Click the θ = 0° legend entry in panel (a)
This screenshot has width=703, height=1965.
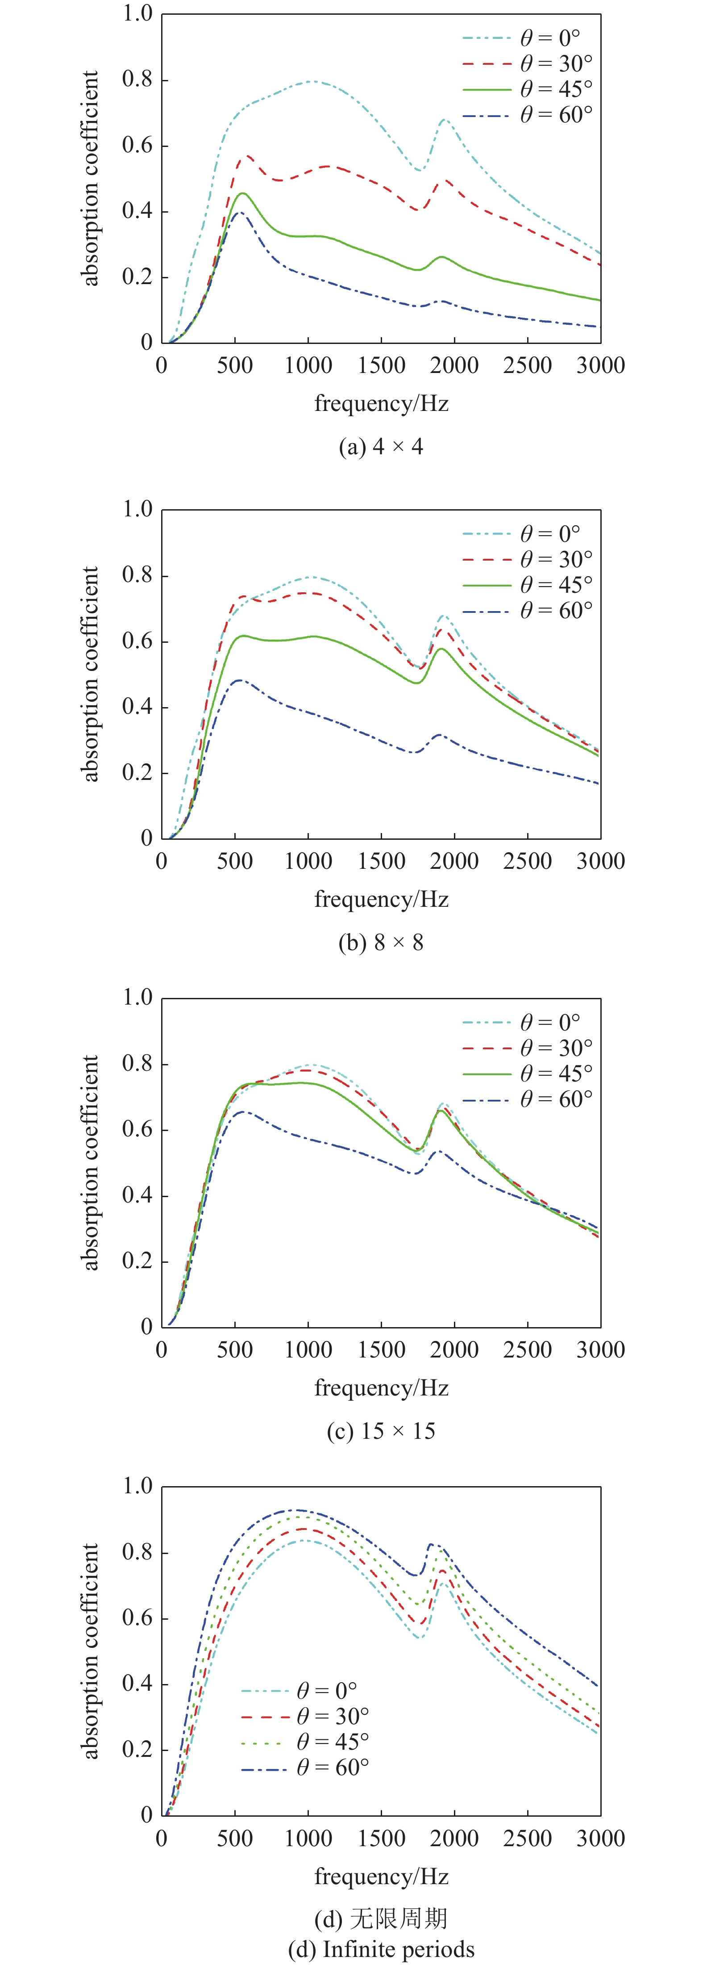pyautogui.click(x=526, y=38)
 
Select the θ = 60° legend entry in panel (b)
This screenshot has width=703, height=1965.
pyautogui.click(x=526, y=610)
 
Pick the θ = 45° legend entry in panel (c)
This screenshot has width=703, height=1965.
pyautogui.click(x=526, y=1073)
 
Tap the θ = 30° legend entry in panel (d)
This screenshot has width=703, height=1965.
pyautogui.click(x=305, y=1716)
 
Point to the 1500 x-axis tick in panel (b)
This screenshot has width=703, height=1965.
pyautogui.click(x=381, y=861)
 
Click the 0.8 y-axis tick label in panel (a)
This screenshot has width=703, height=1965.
pyautogui.click(x=137, y=80)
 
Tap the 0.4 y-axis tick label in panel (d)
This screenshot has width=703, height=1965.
pyautogui.click(x=137, y=1684)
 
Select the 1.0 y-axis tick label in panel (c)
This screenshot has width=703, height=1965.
pyautogui.click(x=137, y=998)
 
